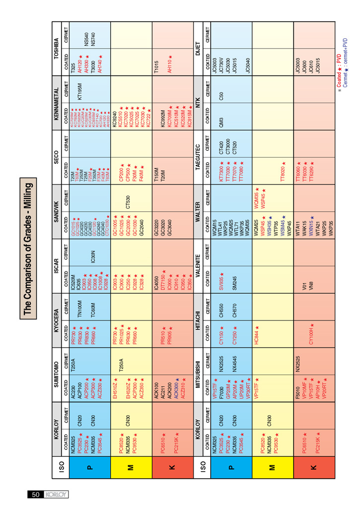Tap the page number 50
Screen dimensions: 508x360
tap(36, 494)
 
